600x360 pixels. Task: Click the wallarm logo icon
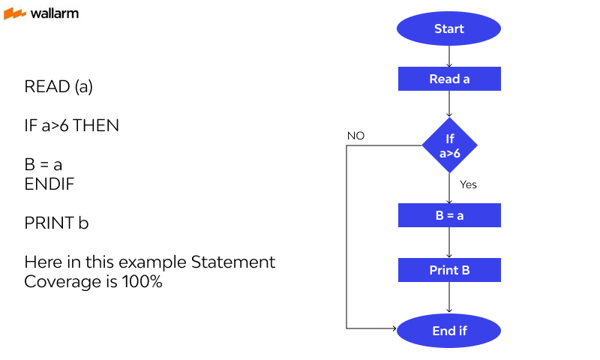[15, 13]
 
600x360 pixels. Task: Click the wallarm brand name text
[54, 13]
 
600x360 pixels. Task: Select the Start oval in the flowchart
[448, 29]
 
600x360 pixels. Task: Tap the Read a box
[448, 79]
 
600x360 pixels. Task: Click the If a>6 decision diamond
[449, 145]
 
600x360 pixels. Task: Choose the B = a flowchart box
[448, 215]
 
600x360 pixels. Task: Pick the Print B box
[448, 270]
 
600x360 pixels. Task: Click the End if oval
[448, 330]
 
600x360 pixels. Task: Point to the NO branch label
[355, 136]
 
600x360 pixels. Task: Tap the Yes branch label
[468, 184]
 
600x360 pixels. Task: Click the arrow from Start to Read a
[448, 55]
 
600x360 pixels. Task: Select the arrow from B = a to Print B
[448, 243]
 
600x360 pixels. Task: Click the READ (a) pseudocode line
[58, 87]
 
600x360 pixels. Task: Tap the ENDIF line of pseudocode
[49, 184]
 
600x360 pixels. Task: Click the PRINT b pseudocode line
[56, 223]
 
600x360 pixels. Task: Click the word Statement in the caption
[233, 262]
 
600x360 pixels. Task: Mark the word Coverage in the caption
[57, 282]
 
